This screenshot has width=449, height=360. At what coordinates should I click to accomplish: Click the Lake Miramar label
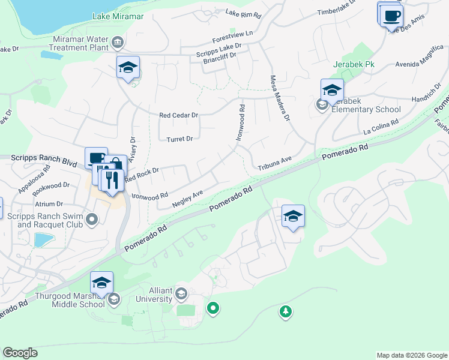click(x=118, y=16)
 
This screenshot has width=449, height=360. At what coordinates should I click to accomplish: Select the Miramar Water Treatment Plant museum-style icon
click(x=118, y=42)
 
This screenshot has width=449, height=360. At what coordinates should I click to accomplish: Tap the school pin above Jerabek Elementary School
click(x=332, y=91)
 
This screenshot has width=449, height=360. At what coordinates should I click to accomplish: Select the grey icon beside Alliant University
click(x=182, y=293)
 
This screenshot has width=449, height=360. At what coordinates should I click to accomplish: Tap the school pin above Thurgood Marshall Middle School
click(x=102, y=283)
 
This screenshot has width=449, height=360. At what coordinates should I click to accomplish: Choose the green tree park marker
click(x=286, y=311)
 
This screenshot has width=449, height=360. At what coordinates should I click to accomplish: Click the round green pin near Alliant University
click(x=212, y=308)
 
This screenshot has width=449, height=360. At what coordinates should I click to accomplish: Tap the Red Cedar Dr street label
click(x=178, y=115)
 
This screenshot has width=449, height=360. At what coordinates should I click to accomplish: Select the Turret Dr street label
click(x=180, y=139)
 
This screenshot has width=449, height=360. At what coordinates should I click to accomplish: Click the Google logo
click(x=20, y=353)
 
